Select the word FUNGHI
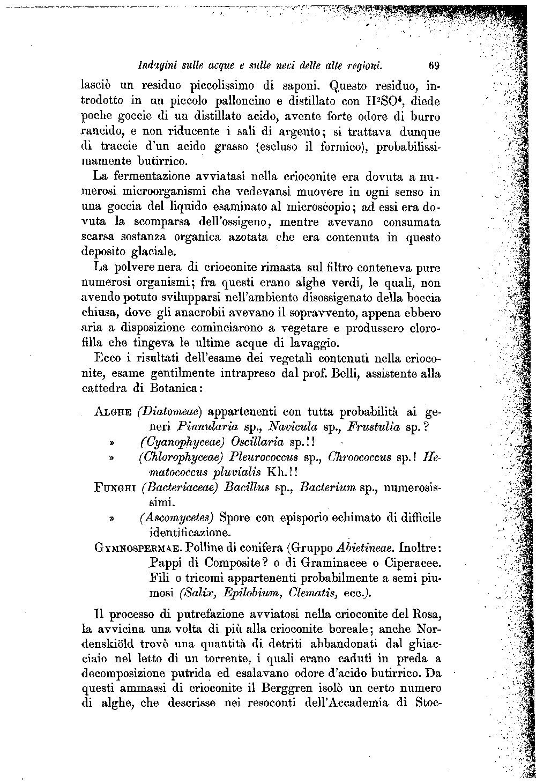coord(115,489)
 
